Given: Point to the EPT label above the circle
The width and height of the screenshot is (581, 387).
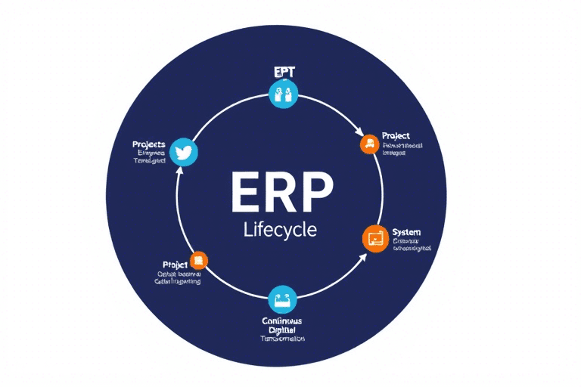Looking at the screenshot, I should point(284,73).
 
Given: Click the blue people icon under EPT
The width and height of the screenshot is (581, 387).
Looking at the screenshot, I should point(284,94).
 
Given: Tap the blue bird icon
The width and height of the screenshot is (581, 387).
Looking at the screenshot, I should point(184,152).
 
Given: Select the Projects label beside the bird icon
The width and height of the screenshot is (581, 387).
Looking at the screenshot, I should point(149,144).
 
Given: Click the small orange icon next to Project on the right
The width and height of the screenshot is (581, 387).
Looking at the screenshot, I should point(368,143).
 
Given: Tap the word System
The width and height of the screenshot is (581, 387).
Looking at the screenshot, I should point(407,231).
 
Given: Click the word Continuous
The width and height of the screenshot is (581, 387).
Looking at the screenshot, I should point(282,320).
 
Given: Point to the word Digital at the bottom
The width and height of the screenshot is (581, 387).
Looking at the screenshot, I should point(282,330).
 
